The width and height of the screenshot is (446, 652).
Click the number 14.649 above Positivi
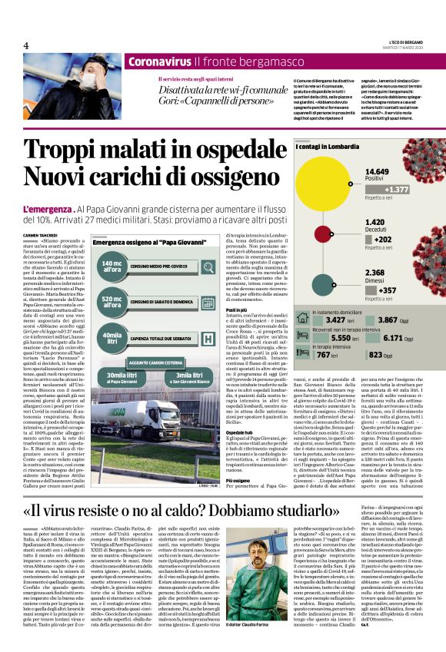click(376, 170)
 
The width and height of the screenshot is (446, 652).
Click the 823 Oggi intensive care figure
click(403, 355)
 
